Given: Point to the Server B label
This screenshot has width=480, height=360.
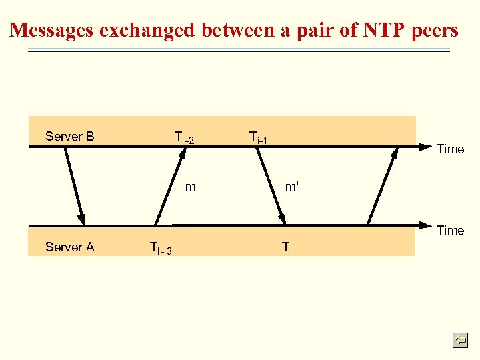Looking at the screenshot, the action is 69,137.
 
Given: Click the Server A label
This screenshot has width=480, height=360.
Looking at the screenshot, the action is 69,247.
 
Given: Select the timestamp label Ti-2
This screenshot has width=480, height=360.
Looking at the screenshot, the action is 183,138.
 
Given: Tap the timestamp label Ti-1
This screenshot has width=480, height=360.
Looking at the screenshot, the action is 258,138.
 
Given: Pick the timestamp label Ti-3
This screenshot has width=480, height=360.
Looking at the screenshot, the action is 161,248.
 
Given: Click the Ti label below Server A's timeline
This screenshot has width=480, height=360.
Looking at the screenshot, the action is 287,249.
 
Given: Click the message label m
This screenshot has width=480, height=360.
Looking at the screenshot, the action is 191,187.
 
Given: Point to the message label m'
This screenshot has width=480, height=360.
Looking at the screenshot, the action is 291,187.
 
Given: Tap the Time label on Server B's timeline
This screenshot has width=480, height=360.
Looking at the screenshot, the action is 450,149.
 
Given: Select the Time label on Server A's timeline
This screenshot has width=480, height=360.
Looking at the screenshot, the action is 450,231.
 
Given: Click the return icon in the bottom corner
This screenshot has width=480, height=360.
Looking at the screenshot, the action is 460,341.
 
